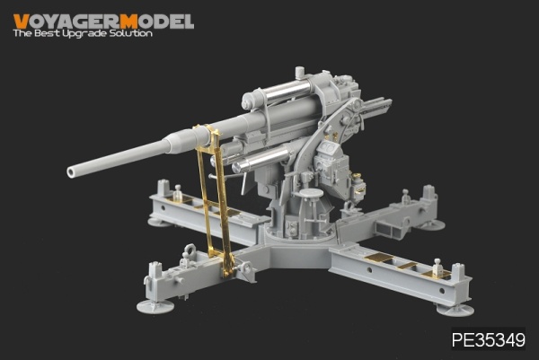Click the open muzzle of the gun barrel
72,170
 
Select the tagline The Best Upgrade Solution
82,34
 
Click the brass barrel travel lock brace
215,202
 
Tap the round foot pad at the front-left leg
154,305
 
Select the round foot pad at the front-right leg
455,309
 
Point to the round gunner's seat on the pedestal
311,192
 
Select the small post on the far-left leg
178,192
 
